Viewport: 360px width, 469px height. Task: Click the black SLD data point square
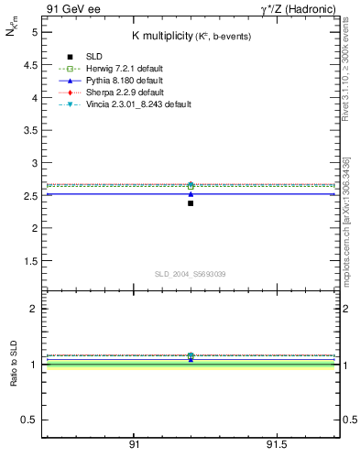click(191, 202)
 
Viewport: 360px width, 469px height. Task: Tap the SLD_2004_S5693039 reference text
click(189, 274)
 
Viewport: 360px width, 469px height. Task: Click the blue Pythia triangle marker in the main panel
click(191, 194)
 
